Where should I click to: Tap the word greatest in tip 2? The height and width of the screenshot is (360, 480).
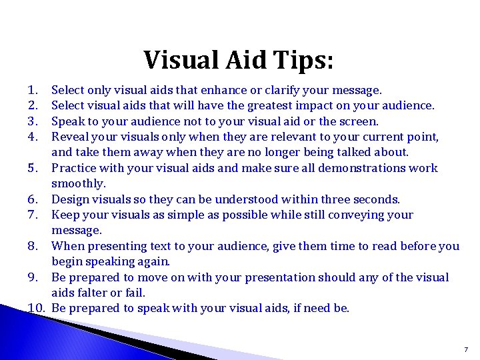pos(272,105)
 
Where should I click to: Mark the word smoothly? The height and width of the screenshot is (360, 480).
pos(79,183)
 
